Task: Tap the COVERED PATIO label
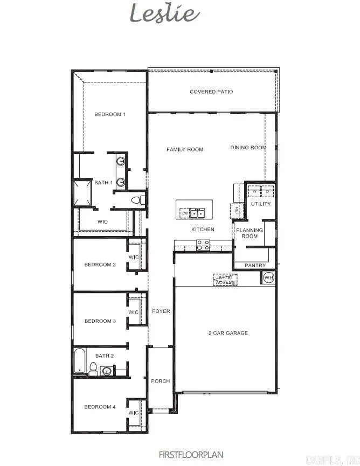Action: [211, 92]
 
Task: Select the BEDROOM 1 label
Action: [110, 114]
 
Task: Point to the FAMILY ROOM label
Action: [185, 149]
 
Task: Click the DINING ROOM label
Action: [248, 148]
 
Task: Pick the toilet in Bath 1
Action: [137, 200]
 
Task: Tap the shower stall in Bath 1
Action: [83, 193]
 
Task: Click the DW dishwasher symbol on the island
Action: [184, 213]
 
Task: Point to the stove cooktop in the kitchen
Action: [203, 245]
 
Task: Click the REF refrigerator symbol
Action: [236, 211]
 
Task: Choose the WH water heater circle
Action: [268, 278]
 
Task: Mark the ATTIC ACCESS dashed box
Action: [225, 280]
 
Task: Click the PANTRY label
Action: [255, 266]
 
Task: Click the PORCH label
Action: [160, 381]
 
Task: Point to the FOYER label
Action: [161, 311]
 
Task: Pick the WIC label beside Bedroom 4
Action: [133, 413]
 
